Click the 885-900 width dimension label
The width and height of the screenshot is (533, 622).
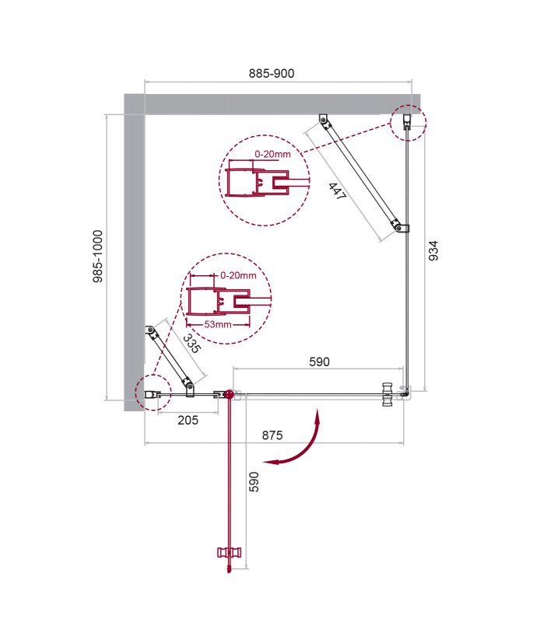(271, 73)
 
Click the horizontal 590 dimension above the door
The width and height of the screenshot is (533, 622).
(319, 362)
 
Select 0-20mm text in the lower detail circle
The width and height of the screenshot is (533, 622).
(238, 275)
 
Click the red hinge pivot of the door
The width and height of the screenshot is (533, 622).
(229, 395)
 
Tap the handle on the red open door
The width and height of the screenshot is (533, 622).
(230, 554)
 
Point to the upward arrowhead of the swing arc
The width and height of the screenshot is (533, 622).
(317, 414)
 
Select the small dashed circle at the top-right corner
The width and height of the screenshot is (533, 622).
(408, 122)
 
